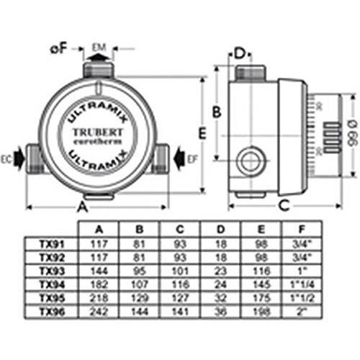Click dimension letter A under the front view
[x=82, y=207]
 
